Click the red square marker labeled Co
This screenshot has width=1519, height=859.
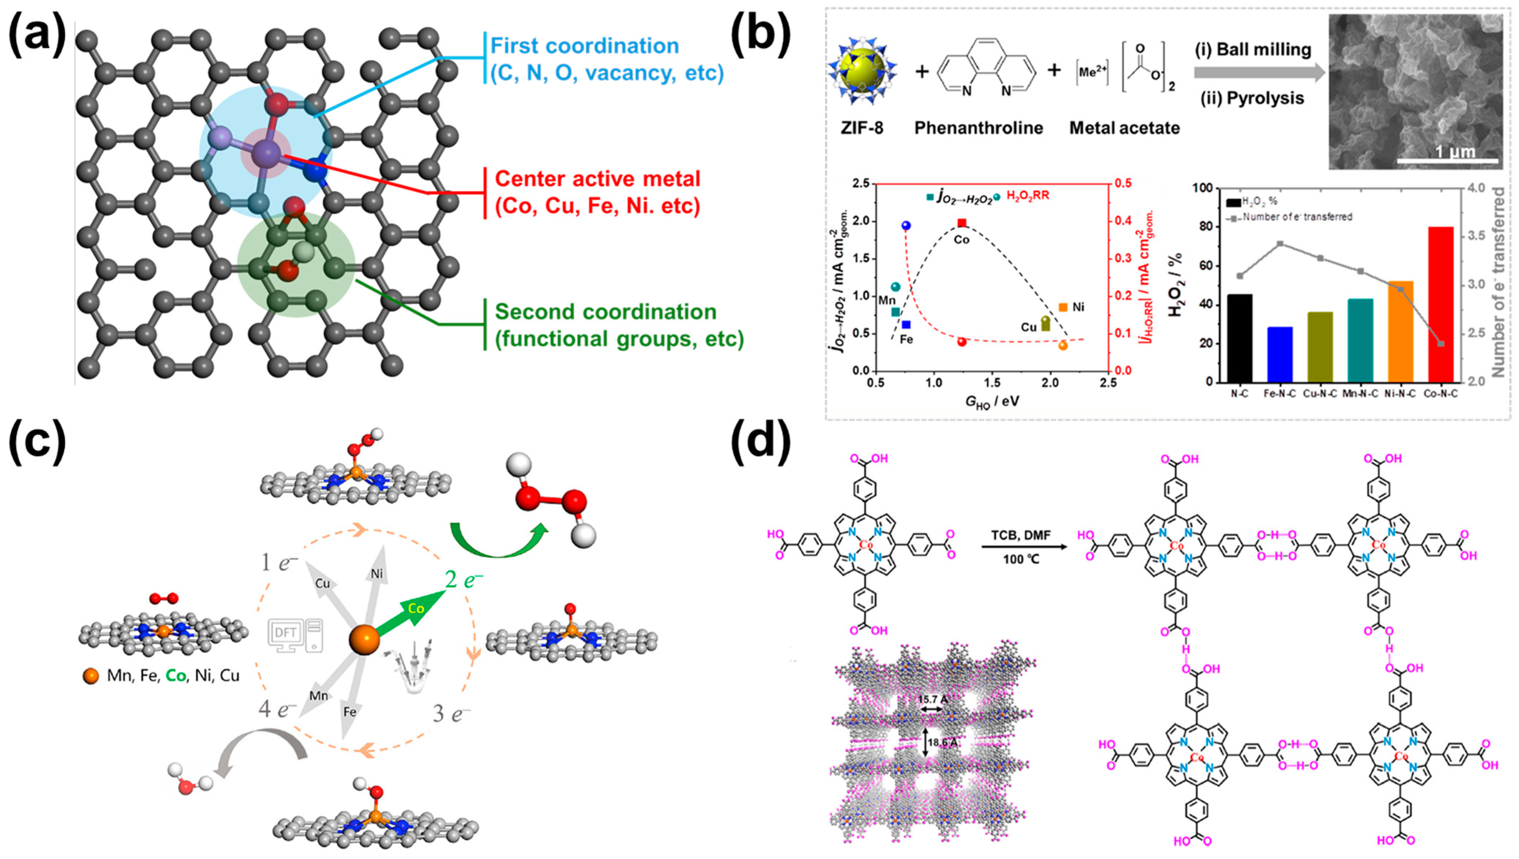click(x=962, y=223)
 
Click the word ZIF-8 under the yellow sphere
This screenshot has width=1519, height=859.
click(x=862, y=128)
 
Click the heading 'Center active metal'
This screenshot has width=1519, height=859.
click(x=597, y=179)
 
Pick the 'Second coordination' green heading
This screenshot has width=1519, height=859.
click(x=605, y=312)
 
